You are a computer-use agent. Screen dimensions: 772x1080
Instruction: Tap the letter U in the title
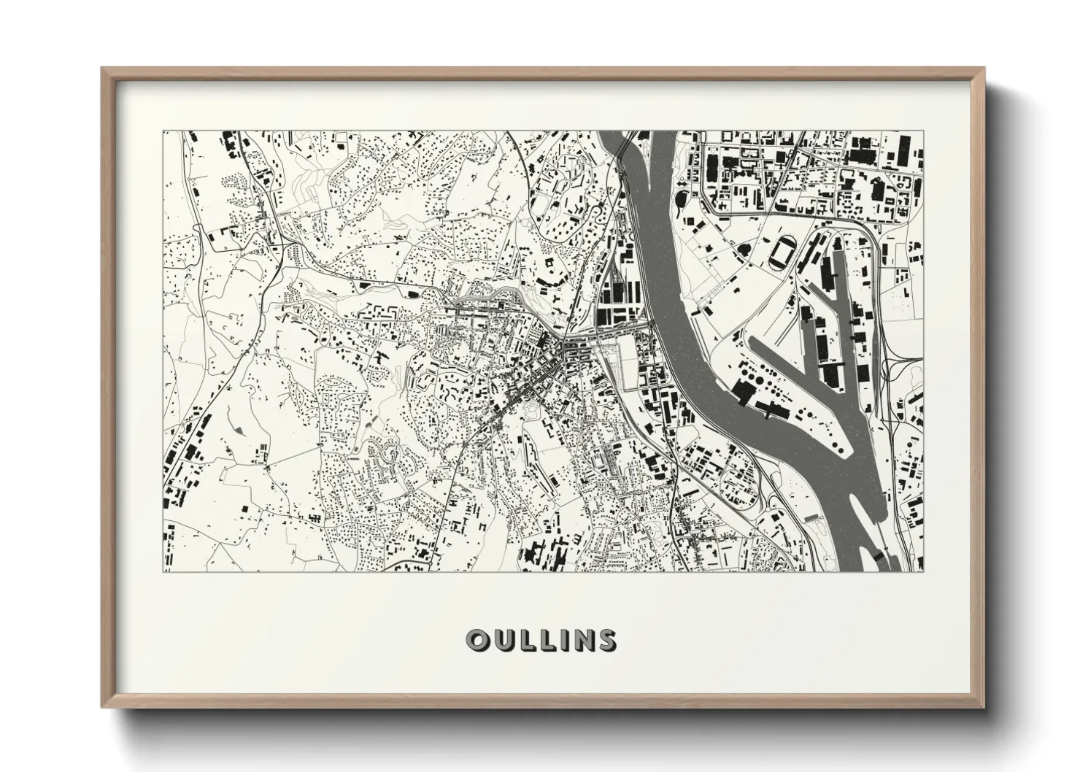[x=501, y=640]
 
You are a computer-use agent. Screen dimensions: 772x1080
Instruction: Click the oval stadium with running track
[x=780, y=252]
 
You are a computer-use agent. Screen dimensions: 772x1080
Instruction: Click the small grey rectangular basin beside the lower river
[x=811, y=517]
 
